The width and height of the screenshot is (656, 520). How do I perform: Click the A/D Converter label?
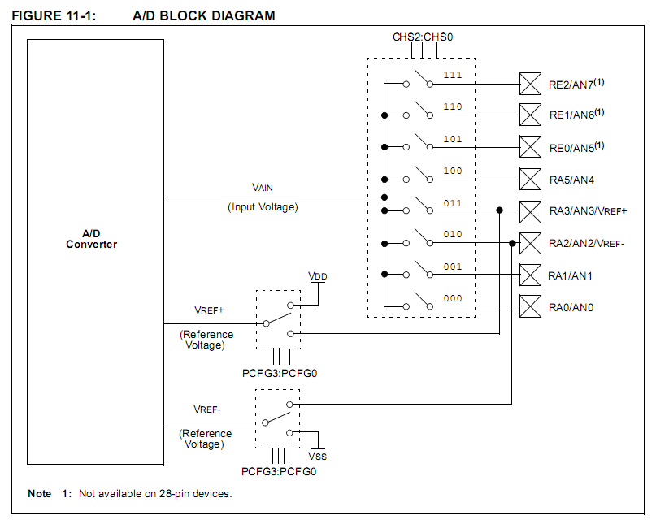click(91, 239)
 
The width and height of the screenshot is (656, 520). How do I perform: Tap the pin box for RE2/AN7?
click(530, 84)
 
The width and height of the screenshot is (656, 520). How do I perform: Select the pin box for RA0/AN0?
click(530, 306)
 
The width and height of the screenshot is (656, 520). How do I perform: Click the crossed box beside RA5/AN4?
click(530, 180)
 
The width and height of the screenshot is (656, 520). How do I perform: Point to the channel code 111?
click(453, 75)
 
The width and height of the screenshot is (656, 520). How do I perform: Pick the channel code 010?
click(453, 234)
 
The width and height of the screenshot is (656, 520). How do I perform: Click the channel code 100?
click(453, 171)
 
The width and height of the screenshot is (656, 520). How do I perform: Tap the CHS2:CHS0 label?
click(423, 37)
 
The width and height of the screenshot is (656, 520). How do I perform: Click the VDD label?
click(318, 276)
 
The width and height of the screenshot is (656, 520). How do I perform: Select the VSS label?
click(317, 456)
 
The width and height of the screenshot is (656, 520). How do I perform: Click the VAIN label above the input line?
click(263, 187)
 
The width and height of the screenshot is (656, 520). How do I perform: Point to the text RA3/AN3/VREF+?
click(589, 211)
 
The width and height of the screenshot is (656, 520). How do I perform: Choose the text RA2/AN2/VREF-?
click(587, 243)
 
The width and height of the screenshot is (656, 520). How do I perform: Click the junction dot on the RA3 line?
click(500, 210)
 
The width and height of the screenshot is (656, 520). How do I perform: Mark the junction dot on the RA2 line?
click(512, 243)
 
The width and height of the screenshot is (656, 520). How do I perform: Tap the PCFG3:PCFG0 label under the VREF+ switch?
click(280, 373)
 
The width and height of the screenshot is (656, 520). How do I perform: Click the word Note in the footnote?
click(40, 494)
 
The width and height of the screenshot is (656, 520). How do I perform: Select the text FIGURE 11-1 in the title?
click(54, 16)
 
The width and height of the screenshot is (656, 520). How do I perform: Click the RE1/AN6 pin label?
click(576, 114)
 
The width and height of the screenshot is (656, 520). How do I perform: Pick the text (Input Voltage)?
click(263, 207)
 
